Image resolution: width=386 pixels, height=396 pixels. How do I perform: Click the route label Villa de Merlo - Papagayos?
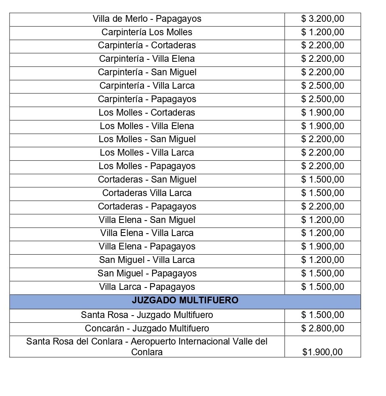click(x=147, y=19)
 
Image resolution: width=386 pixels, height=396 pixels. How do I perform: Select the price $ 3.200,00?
click(x=323, y=19)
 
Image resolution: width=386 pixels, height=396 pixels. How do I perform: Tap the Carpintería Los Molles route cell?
click(x=147, y=32)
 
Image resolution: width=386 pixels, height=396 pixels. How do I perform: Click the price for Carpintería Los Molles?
click(x=323, y=32)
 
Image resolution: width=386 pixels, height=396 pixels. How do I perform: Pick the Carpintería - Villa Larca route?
click(x=147, y=86)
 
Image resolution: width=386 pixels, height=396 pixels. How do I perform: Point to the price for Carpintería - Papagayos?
click(x=323, y=99)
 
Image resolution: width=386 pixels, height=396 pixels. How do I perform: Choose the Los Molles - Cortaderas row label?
click(x=147, y=112)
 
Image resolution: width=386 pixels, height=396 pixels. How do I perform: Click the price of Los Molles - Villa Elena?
click(x=323, y=126)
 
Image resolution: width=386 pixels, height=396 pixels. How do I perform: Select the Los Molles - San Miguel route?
click(x=147, y=139)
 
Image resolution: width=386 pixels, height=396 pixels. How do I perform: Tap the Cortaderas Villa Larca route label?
click(x=147, y=193)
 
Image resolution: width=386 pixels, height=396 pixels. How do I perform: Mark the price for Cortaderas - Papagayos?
click(x=323, y=206)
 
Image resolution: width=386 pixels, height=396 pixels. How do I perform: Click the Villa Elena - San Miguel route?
click(x=147, y=220)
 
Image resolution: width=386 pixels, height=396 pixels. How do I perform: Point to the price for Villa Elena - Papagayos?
click(x=323, y=246)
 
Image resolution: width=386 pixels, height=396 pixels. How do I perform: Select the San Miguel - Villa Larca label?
click(x=147, y=260)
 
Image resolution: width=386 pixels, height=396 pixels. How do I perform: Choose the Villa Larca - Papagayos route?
click(x=147, y=287)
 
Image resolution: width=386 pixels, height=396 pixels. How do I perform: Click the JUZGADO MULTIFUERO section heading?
click(x=185, y=301)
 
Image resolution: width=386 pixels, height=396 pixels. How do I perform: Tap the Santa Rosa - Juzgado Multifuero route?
click(x=147, y=315)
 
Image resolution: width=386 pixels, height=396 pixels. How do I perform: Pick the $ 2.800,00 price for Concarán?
click(x=323, y=328)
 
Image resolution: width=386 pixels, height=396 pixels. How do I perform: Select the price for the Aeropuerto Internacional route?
click(x=323, y=352)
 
